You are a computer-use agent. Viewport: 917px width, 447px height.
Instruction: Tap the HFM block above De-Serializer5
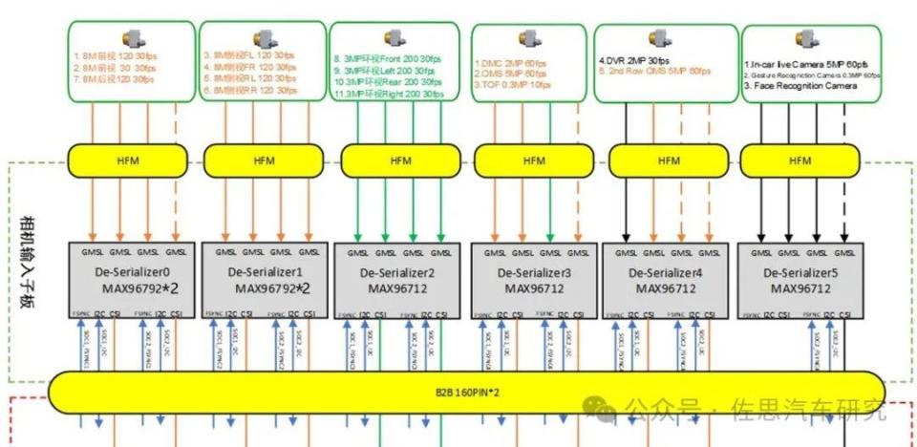(799, 161)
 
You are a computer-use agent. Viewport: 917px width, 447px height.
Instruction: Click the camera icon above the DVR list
(660, 37)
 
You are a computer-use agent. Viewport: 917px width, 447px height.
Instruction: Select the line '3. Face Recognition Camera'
(800, 86)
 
